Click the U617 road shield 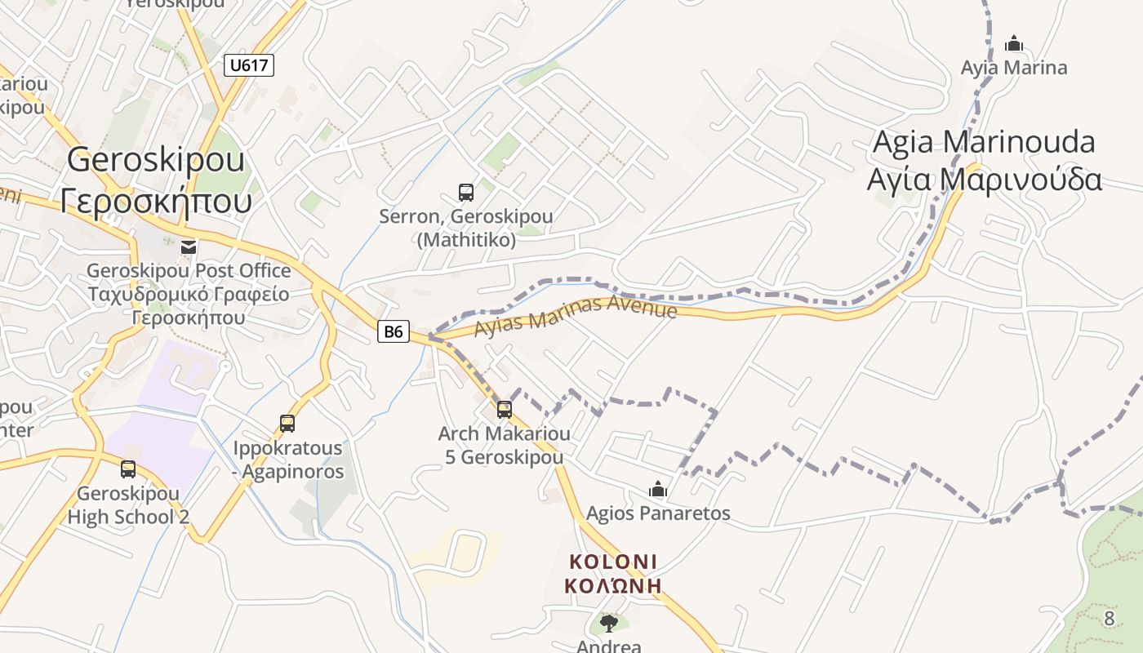click(249, 65)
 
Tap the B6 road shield click(394, 331)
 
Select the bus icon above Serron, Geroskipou click(466, 193)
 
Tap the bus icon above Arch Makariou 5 click(505, 409)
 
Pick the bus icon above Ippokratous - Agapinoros click(287, 423)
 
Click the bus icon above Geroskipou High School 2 click(128, 469)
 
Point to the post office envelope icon click(189, 246)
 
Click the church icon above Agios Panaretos click(658, 490)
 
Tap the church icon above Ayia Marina click(1014, 43)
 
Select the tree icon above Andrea click(608, 624)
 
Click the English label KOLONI click(613, 562)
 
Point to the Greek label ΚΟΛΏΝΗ click(613, 586)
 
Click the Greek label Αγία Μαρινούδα click(984, 179)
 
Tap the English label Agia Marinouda click(984, 142)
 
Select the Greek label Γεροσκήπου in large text click(156, 199)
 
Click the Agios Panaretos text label click(658, 513)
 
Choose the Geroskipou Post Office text click(189, 270)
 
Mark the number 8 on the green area click(1109, 619)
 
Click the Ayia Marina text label click(1014, 68)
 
